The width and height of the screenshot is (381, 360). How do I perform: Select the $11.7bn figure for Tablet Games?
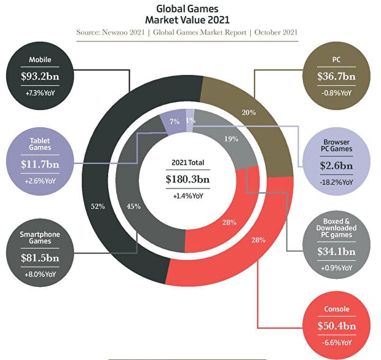[39, 164]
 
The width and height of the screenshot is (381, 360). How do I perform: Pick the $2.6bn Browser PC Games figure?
[337, 166]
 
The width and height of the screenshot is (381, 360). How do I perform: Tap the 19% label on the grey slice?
[231, 139]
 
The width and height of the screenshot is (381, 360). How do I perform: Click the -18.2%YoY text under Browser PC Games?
[337, 182]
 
